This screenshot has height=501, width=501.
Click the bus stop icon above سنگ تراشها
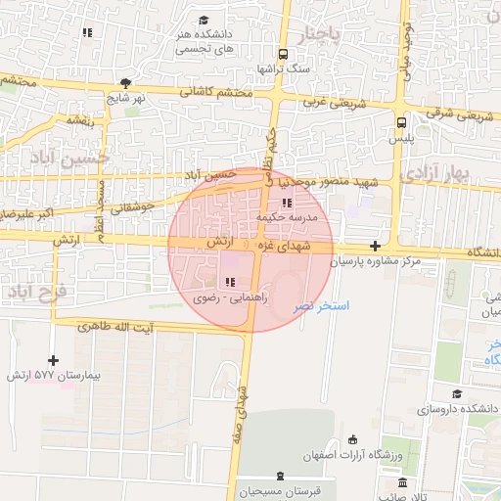coord(283,55)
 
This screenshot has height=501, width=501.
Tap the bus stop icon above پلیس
coord(401,122)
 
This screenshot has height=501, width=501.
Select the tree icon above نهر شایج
coord(125,83)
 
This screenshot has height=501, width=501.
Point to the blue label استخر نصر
coord(321,307)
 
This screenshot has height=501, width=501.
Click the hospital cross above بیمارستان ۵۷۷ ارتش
coord(53,360)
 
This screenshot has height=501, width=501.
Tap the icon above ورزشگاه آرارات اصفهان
coord(352,439)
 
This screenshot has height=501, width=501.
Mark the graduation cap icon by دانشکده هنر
coord(204,20)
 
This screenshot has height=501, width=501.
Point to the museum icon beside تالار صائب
coord(401,482)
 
